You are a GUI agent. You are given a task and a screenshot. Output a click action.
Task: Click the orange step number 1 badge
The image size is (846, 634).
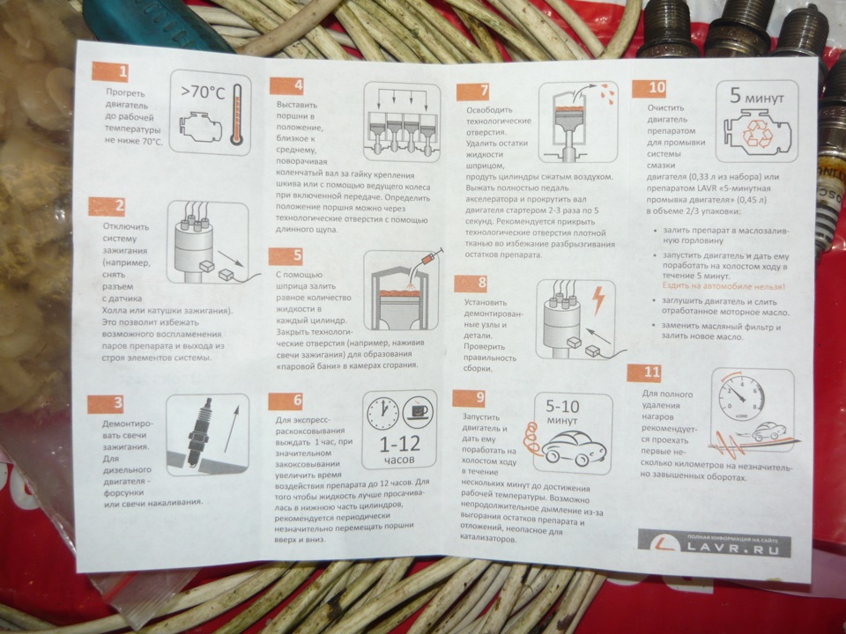(110, 71)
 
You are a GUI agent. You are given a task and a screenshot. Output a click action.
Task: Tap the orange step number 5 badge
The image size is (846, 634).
(286, 256)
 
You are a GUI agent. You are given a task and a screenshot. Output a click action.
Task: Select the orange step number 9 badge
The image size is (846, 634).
(470, 398)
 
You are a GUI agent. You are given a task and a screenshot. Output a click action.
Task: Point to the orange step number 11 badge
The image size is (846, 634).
(644, 372)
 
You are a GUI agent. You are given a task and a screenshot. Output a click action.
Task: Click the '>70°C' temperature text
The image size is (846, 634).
(203, 92)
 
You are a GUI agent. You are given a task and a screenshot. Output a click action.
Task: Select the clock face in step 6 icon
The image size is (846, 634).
(382, 415)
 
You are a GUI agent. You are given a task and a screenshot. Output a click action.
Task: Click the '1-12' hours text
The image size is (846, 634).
(399, 445)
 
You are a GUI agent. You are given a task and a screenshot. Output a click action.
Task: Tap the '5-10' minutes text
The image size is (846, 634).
(564, 407)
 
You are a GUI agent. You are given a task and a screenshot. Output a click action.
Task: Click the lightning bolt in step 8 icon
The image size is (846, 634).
(599, 301)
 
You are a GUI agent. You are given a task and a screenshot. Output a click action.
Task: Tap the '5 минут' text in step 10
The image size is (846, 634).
(756, 97)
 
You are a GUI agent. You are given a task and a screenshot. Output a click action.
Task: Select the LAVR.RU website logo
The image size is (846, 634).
(715, 544)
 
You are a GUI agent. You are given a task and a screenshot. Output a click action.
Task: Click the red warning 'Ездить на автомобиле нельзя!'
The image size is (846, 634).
(724, 287)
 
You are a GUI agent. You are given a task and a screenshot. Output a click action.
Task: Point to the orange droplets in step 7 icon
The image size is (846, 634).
(606, 92)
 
